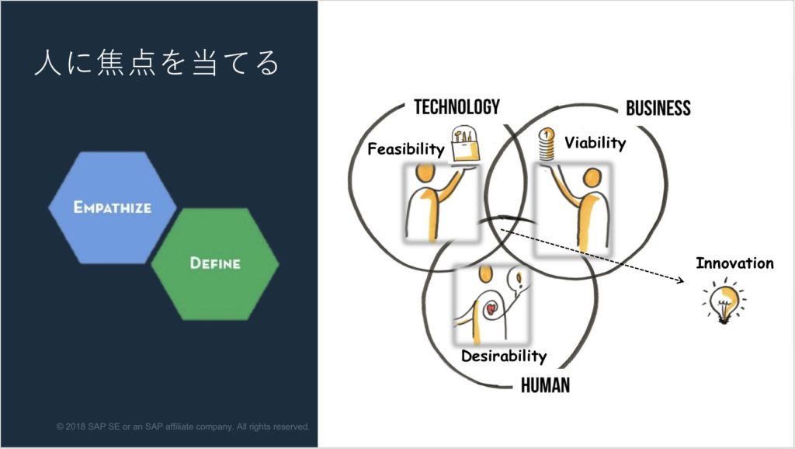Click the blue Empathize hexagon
pyautogui.click(x=113, y=207)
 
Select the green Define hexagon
pyautogui.click(x=215, y=264)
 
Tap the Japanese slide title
pyautogui.click(x=157, y=63)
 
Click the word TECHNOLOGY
pyautogui.click(x=457, y=107)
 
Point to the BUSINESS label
pyautogui.click(x=658, y=108)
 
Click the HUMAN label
pyautogui.click(x=546, y=385)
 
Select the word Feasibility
pyautogui.click(x=405, y=149)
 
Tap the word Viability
pyautogui.click(x=595, y=143)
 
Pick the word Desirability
pyautogui.click(x=504, y=356)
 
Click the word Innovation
pyautogui.click(x=734, y=263)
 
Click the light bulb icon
pyautogui.click(x=724, y=301)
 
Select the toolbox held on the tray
pyautogui.click(x=466, y=145)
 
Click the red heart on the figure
pyautogui.click(x=491, y=309)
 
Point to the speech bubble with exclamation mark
pyautogui.click(x=518, y=280)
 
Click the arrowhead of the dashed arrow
pyautogui.click(x=680, y=280)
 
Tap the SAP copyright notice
pyautogui.click(x=182, y=426)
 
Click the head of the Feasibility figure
pyautogui.click(x=425, y=172)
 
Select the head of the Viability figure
pyautogui.click(x=592, y=178)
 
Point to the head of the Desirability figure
pyautogui.click(x=485, y=274)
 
